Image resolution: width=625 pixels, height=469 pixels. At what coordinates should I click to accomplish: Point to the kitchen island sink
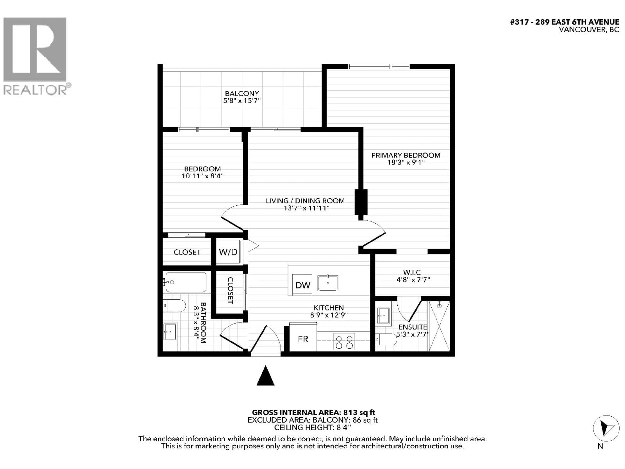coord(328,283)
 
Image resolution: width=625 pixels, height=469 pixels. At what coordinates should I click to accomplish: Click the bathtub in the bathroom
coord(186,282)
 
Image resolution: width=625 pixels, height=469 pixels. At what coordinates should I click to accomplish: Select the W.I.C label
coord(412,272)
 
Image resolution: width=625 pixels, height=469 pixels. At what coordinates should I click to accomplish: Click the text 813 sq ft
coord(359,412)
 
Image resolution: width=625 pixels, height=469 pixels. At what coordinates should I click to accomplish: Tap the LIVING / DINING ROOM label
coord(305,201)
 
